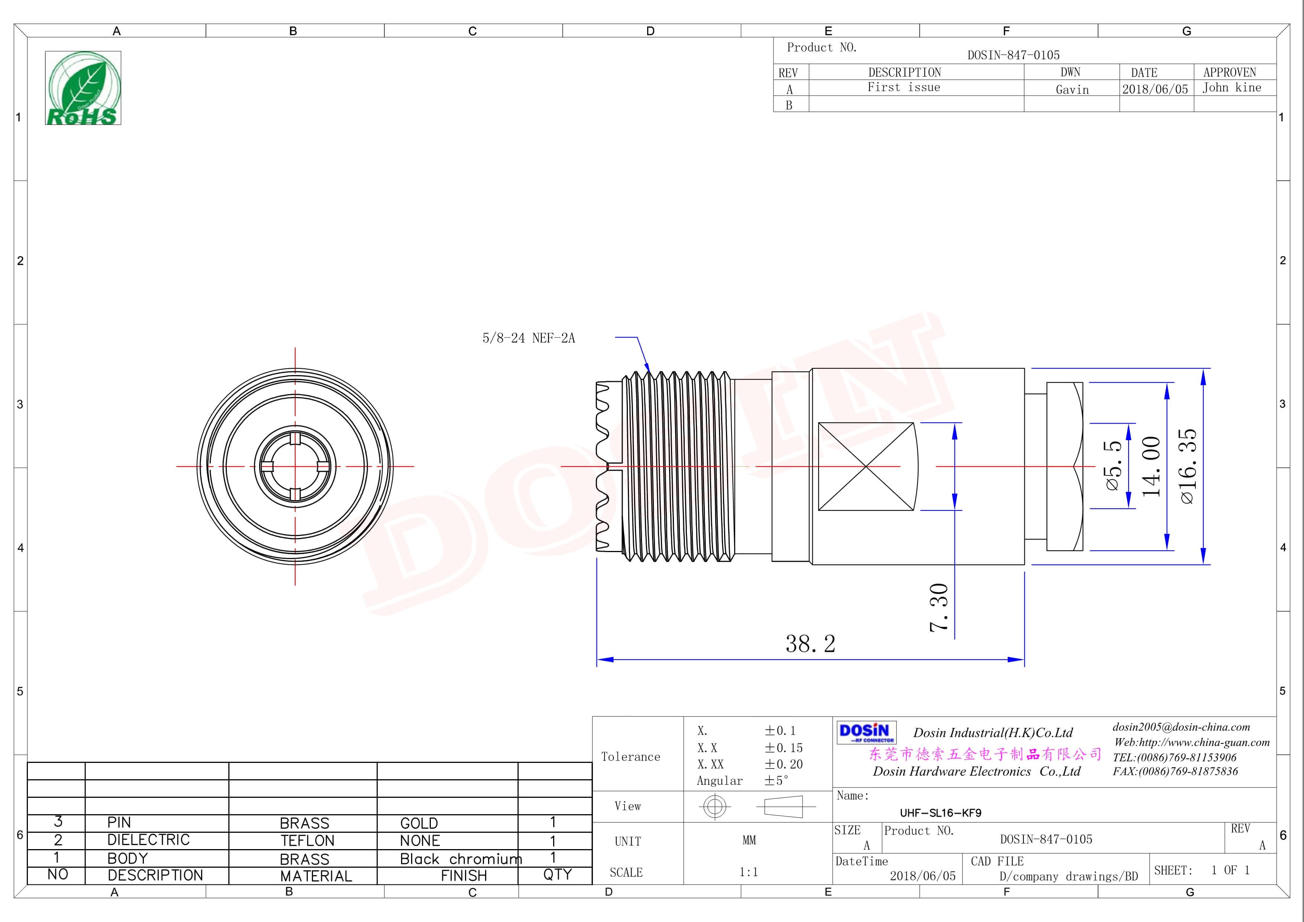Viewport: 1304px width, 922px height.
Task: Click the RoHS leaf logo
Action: (x=83, y=88)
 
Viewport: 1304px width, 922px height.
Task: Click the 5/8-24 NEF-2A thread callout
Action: (x=528, y=338)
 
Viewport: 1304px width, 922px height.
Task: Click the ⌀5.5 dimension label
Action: (x=1113, y=466)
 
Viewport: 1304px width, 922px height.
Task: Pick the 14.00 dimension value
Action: (x=1151, y=466)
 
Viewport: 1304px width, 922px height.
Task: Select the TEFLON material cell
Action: (x=307, y=841)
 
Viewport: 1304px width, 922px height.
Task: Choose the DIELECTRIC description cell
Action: (x=148, y=839)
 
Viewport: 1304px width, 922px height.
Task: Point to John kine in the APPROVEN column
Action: (x=1231, y=87)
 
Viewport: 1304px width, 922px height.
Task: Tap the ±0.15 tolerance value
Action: (x=783, y=748)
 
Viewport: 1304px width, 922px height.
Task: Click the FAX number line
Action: (x=1175, y=771)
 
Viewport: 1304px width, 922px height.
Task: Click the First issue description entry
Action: (x=904, y=87)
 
